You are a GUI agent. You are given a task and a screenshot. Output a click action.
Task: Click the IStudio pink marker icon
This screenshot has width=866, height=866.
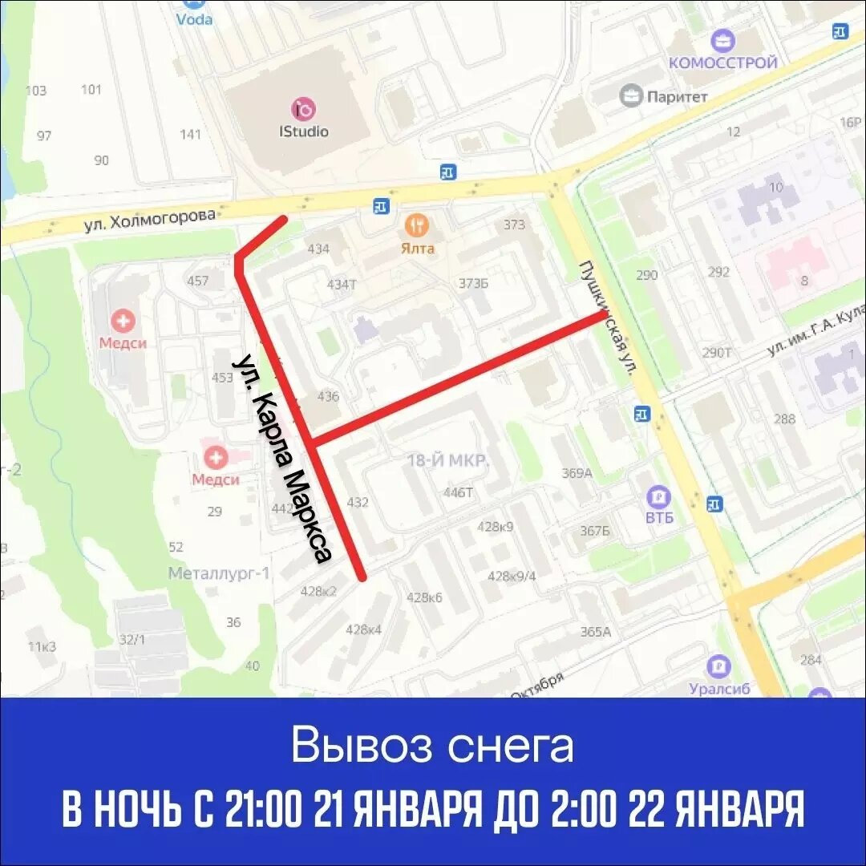(x=304, y=108)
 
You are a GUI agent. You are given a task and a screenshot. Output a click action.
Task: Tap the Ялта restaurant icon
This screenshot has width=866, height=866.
(x=417, y=224)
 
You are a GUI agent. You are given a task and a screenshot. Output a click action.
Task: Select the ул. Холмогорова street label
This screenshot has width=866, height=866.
(x=151, y=221)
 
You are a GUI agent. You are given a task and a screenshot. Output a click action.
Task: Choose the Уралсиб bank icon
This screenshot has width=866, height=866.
(x=718, y=666)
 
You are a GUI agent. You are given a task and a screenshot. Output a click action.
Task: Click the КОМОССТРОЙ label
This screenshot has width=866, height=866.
(x=723, y=63)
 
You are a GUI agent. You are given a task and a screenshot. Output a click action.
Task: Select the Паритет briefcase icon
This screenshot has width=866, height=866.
(x=632, y=96)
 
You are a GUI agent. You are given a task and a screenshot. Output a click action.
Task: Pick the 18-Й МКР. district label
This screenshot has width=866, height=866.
(x=448, y=461)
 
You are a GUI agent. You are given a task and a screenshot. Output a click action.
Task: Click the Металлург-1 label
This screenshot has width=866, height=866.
(x=220, y=573)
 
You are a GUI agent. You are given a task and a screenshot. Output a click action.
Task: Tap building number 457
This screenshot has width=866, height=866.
(x=197, y=281)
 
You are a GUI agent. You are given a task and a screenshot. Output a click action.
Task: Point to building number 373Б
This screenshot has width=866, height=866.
(x=473, y=283)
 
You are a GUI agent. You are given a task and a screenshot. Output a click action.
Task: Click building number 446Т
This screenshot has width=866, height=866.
(x=458, y=492)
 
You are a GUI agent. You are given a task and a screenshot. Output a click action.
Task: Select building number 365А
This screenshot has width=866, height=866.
(x=595, y=631)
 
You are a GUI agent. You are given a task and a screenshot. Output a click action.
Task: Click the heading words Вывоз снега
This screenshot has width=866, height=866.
(x=432, y=746)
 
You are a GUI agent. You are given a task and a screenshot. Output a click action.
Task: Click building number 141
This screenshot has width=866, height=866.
(x=190, y=134)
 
